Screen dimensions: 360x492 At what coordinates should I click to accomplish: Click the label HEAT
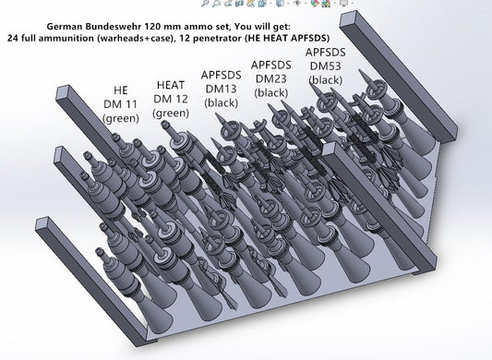tap(171, 85)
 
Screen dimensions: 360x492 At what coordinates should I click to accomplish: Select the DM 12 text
tap(171, 99)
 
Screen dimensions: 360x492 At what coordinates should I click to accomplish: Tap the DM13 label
tap(221, 88)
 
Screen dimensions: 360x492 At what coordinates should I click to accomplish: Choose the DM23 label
tap(272, 80)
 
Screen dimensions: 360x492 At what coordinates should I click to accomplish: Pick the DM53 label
tap(325, 66)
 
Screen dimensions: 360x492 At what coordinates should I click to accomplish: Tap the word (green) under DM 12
tap(171, 113)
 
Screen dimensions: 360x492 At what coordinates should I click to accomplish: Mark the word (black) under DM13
tap(221, 102)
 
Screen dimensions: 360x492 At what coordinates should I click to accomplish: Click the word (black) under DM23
tap(272, 94)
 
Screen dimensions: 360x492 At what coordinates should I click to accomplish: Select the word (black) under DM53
tap(325, 80)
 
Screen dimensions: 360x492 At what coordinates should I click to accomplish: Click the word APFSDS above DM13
tap(221, 74)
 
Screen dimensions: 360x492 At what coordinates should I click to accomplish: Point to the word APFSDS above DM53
tap(325, 53)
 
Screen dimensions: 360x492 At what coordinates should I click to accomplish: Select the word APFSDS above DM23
tap(272, 66)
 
